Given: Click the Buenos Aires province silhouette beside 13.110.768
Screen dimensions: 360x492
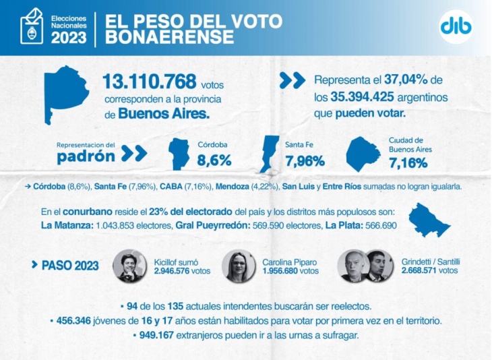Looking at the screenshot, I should click(x=66, y=94).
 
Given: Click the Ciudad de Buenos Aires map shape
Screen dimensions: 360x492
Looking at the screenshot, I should click(x=364, y=154).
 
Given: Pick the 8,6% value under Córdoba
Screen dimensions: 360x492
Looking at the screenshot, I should click(x=214, y=160).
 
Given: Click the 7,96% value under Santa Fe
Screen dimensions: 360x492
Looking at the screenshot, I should click(x=305, y=160).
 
